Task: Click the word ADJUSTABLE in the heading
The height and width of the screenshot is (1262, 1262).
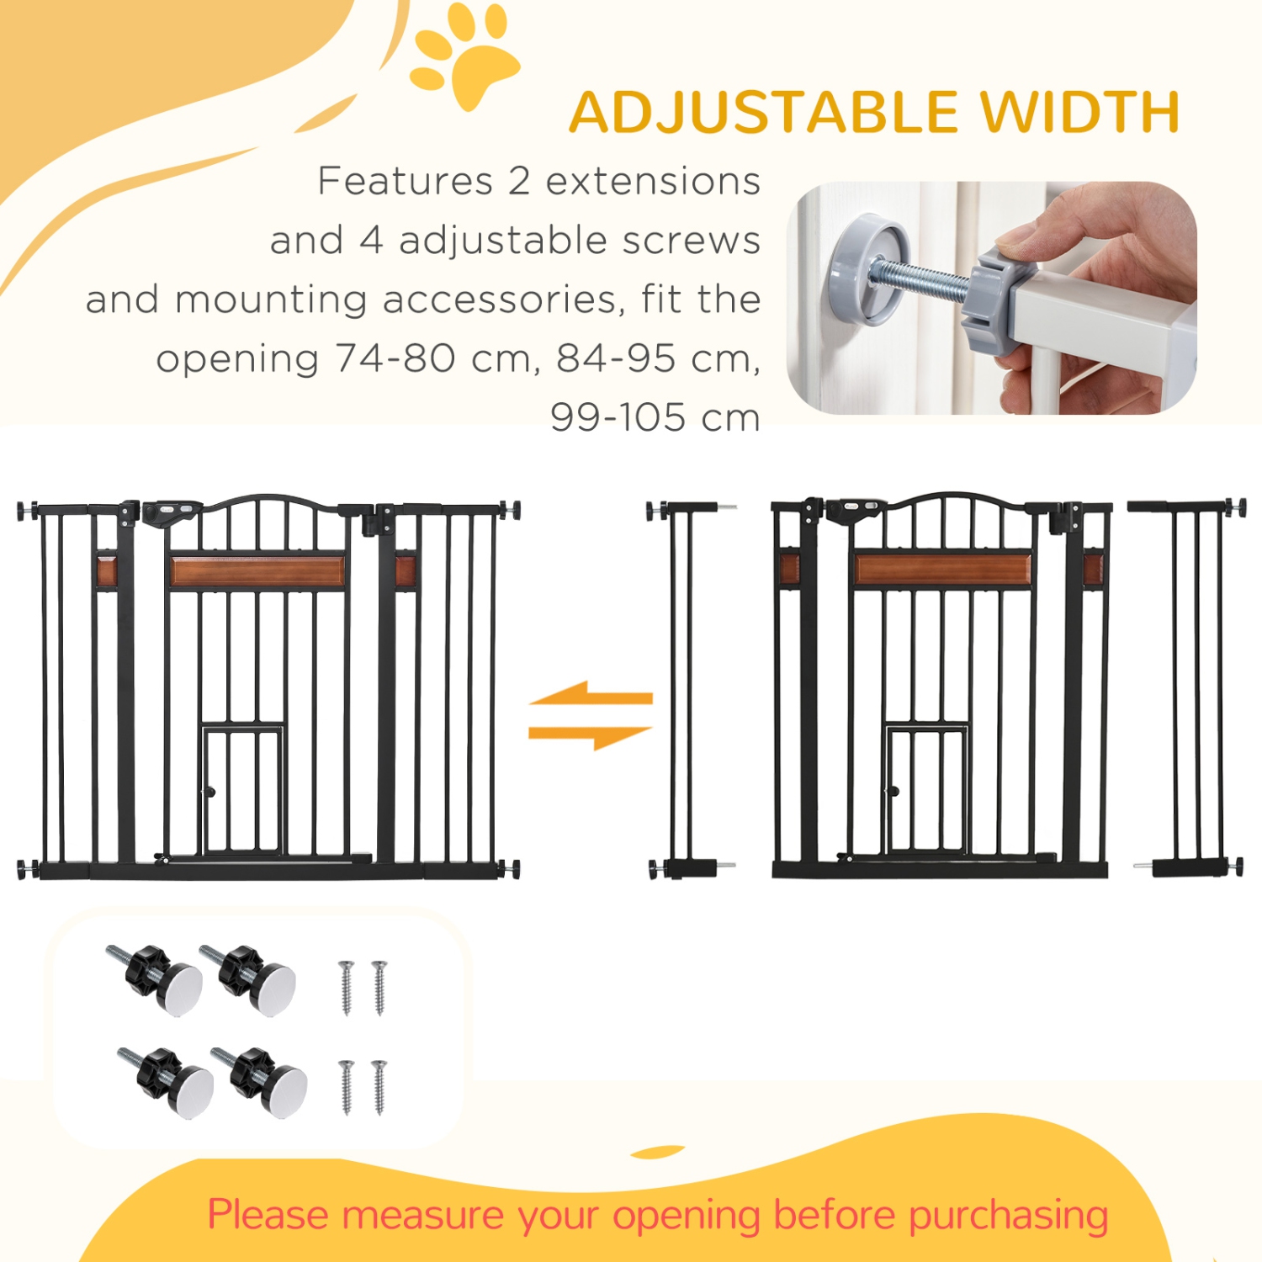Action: tap(764, 113)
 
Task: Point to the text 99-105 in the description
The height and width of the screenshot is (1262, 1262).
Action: tap(618, 417)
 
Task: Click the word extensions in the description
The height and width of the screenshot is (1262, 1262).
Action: tap(653, 182)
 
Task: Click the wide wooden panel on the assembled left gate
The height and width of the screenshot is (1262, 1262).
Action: tap(257, 571)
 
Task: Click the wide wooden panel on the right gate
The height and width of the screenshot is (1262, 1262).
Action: tap(942, 569)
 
